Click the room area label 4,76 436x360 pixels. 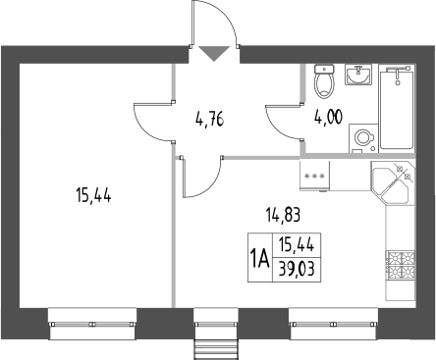tap(208, 122)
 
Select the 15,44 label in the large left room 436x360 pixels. tap(93, 195)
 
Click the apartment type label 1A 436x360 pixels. tap(260, 260)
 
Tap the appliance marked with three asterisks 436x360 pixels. tap(317, 177)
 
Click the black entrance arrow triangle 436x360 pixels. tap(213, 53)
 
